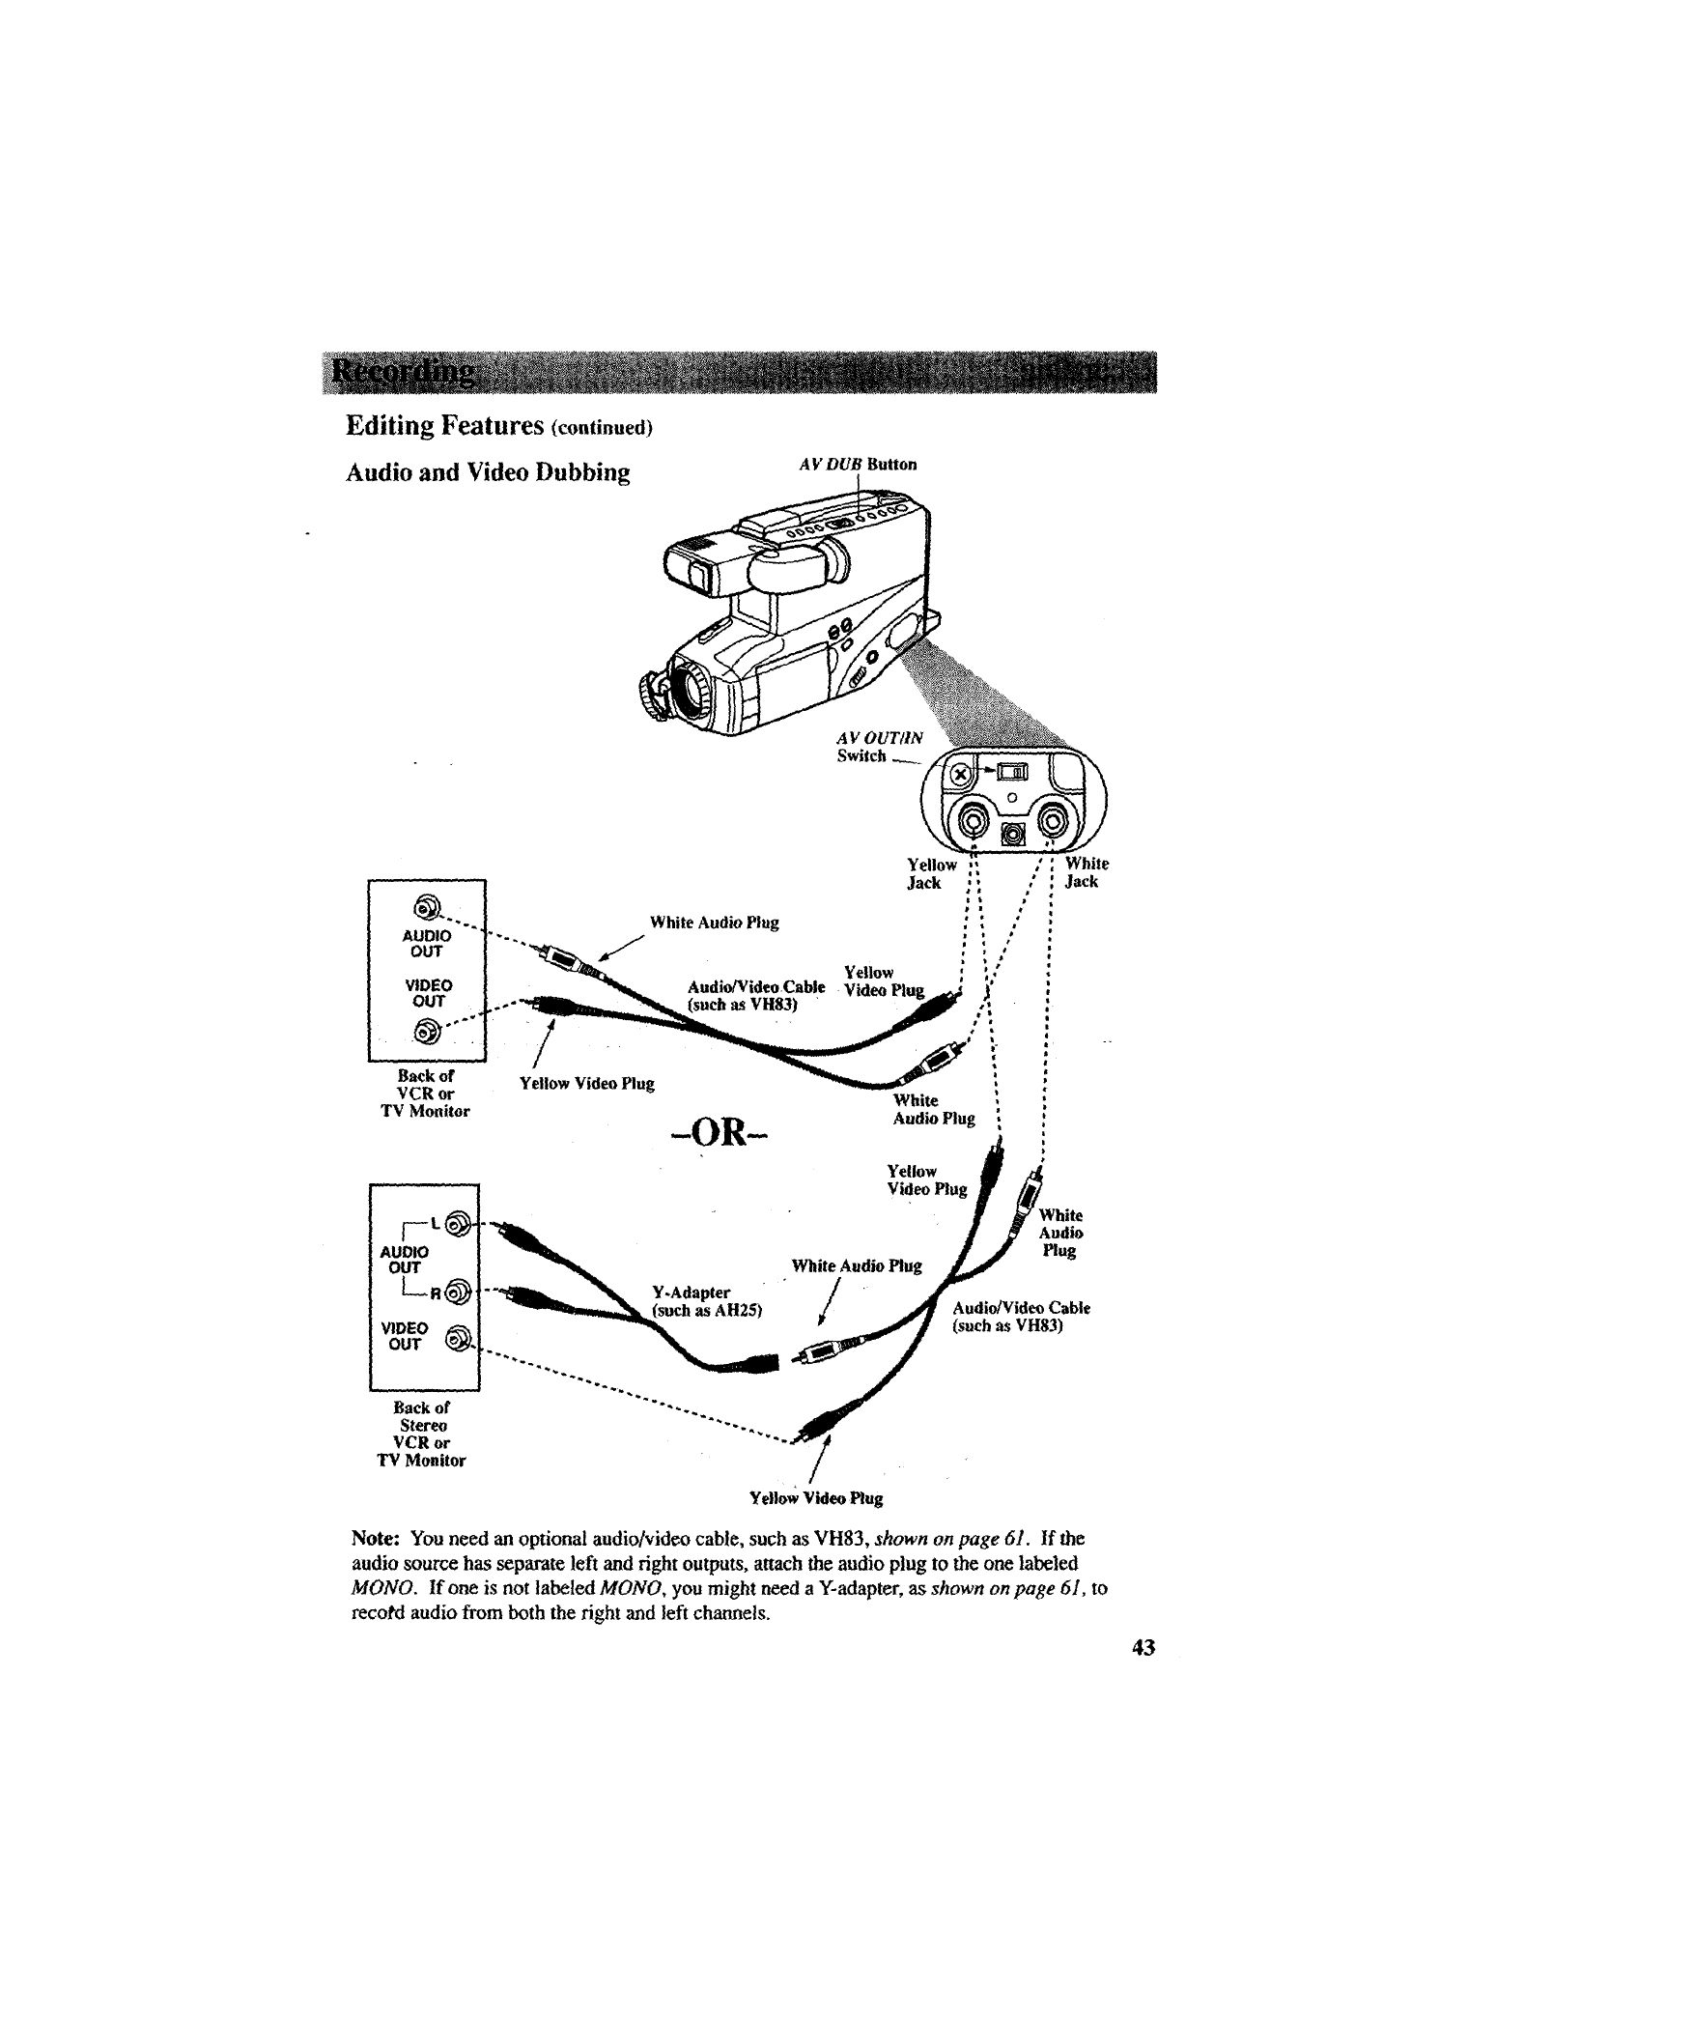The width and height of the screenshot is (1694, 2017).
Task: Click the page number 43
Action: tap(1143, 1648)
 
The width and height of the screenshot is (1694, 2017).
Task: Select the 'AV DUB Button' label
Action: tap(858, 465)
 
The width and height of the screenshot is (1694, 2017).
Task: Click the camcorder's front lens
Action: tap(692, 688)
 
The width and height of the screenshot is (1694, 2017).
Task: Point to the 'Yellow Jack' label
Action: tap(931, 873)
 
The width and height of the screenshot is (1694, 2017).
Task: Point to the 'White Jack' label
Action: tap(1086, 873)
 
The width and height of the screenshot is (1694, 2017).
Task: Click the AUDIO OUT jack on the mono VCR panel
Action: tap(426, 908)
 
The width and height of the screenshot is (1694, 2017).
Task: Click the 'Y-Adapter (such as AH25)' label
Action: tap(707, 1301)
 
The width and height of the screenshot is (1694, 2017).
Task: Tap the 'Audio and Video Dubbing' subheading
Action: tap(488, 473)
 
